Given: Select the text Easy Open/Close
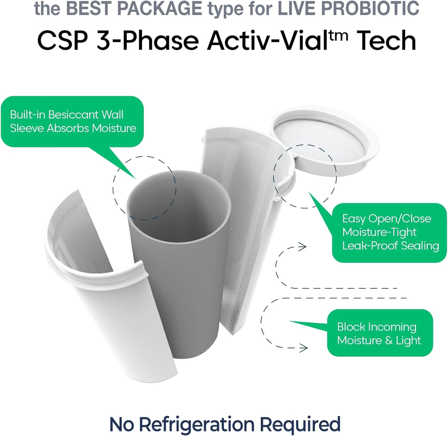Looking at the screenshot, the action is [x=386, y=219].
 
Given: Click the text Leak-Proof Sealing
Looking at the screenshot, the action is [x=390, y=246].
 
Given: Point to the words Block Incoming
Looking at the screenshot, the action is [x=377, y=327].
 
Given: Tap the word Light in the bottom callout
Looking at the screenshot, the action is [x=408, y=340].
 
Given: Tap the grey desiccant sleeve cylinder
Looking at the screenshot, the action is [x=179, y=263].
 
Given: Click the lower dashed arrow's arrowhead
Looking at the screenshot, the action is [x=303, y=348].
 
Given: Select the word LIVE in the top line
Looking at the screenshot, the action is [x=293, y=8].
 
